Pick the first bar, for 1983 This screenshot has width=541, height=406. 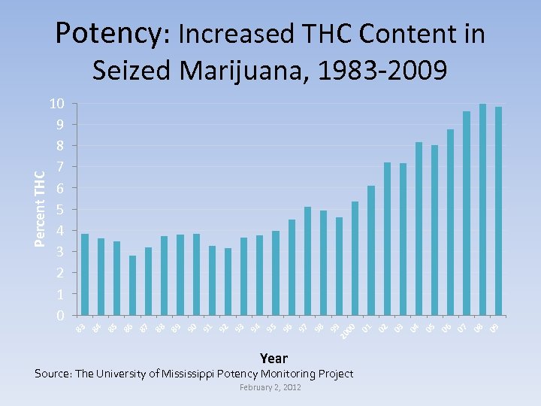coord(85,274)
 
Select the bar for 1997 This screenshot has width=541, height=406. coord(307,260)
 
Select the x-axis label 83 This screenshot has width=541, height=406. coord(80,327)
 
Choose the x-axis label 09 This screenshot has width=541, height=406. coord(494,327)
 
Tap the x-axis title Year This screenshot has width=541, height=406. coord(274,358)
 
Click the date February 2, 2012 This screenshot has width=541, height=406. coord(270,386)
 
